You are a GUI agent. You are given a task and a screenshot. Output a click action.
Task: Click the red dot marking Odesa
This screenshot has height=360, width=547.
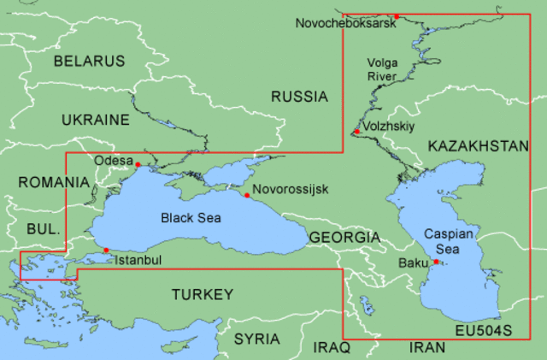click(x=138, y=164)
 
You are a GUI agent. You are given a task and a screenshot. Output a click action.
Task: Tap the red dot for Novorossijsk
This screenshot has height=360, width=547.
click(x=247, y=196)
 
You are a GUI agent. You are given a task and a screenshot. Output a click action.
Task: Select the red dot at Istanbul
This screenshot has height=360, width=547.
click(x=106, y=251)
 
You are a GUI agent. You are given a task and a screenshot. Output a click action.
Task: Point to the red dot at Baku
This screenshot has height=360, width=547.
click(x=436, y=262)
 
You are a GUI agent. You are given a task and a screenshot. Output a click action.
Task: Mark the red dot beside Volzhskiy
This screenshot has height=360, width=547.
click(x=356, y=132)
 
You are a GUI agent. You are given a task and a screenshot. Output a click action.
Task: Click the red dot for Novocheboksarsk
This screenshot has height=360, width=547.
click(x=397, y=16)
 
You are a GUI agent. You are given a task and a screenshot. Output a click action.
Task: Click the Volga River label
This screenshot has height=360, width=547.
click(x=383, y=69)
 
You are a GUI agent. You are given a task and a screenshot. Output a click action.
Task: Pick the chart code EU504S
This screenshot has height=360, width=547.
click(x=483, y=329)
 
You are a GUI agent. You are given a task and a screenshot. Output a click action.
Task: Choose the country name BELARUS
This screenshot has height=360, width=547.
click(x=89, y=61)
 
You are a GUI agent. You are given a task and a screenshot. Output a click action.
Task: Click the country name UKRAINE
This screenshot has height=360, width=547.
click(x=95, y=120)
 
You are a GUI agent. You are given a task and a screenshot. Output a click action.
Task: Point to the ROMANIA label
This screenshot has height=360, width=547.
click(x=53, y=182)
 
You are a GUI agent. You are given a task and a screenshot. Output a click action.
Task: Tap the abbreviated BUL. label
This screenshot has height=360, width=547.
click(x=43, y=229)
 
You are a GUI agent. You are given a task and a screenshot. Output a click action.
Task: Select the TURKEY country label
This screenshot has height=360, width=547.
click(x=202, y=295)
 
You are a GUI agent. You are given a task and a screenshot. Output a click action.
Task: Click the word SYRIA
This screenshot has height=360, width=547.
click(x=257, y=339)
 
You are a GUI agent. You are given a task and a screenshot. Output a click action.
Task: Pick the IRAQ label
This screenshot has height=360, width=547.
click(x=332, y=347)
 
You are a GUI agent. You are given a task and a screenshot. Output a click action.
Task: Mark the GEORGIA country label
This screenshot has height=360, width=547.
click(x=344, y=237)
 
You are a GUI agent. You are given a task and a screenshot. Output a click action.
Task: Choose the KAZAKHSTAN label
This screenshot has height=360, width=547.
click(x=479, y=146)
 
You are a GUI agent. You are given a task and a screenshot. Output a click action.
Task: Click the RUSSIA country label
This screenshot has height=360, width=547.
click(x=299, y=97)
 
